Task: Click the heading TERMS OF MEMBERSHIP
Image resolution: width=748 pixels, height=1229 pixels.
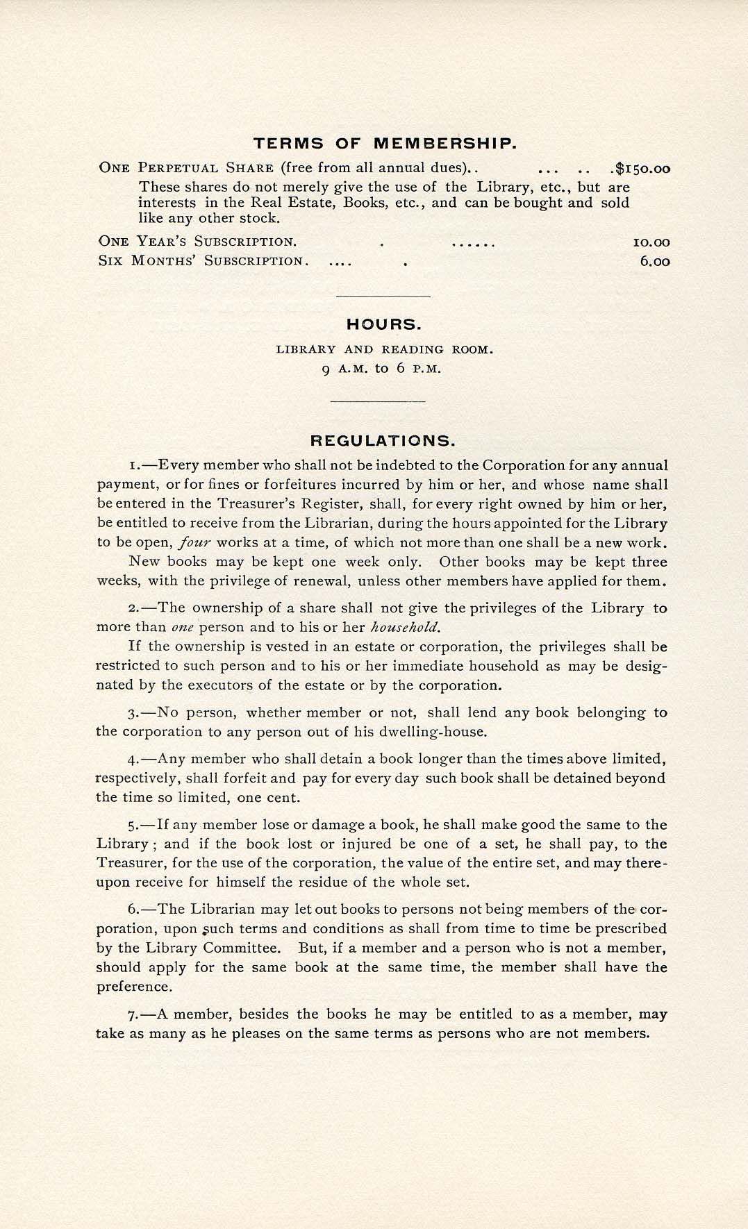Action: click(384, 144)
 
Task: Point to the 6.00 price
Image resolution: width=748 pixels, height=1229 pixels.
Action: click(655, 262)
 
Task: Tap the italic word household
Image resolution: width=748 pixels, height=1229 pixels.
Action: click(406, 628)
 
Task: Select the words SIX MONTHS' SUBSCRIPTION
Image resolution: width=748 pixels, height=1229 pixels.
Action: click(201, 262)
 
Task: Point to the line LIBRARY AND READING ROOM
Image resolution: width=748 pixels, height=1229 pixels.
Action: click(384, 349)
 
